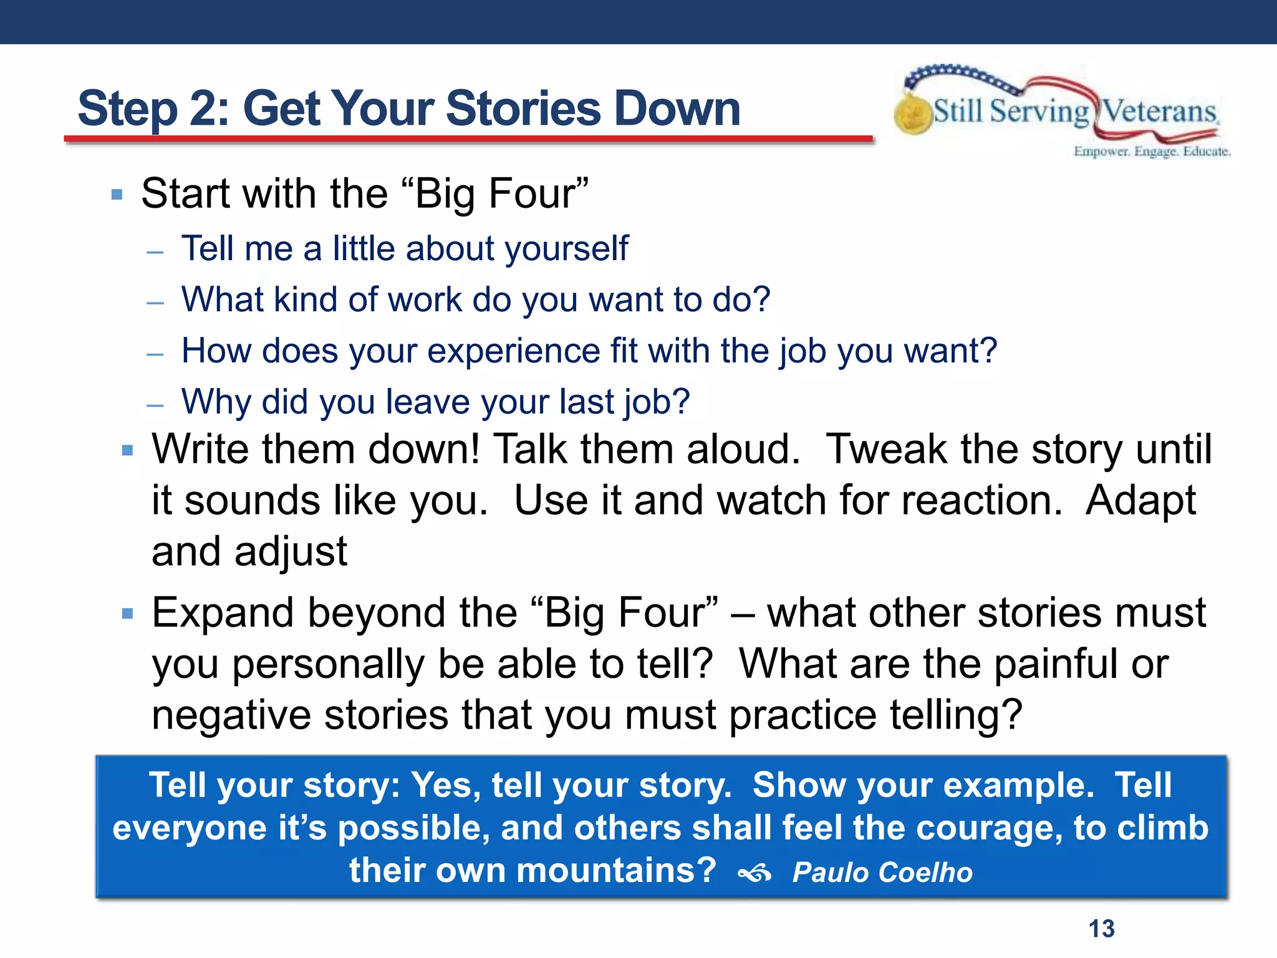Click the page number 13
1101,929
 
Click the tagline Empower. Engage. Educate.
1151,152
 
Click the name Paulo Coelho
882,872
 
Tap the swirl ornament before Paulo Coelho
754,874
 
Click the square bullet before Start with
117,195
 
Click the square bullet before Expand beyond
128,614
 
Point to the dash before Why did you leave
155,405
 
